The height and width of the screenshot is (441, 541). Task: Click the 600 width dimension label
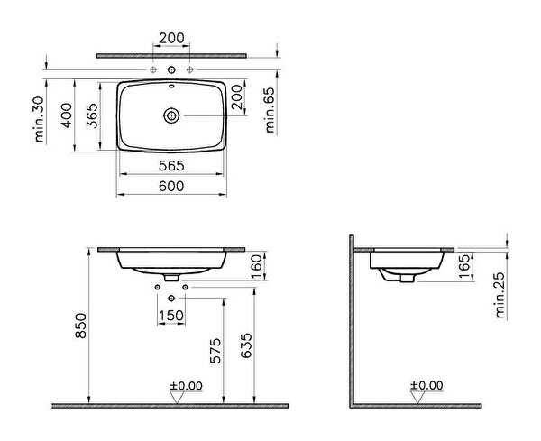click(x=171, y=187)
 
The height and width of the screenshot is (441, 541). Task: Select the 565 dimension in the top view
click(x=171, y=166)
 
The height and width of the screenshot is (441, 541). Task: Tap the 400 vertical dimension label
click(x=67, y=115)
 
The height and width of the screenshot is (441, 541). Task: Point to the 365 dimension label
click(x=92, y=115)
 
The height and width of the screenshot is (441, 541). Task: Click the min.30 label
click(x=40, y=119)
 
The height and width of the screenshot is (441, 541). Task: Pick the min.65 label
click(x=270, y=110)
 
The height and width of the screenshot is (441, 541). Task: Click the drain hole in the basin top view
click(x=171, y=115)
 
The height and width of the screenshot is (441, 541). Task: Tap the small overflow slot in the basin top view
click(x=171, y=86)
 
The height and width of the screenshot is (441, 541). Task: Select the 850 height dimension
click(x=80, y=326)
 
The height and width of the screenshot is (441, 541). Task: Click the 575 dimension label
click(x=215, y=351)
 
